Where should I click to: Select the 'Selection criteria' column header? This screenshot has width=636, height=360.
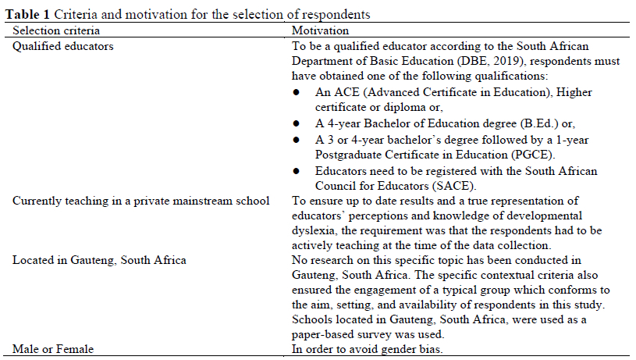point(56,30)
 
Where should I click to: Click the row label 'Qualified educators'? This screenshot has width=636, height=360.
point(62,46)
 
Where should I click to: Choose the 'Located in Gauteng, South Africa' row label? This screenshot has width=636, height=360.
point(99,260)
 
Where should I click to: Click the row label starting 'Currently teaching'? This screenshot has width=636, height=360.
point(141,201)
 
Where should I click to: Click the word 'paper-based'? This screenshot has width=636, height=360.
point(325,333)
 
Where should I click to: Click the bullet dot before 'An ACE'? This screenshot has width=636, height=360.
point(296,92)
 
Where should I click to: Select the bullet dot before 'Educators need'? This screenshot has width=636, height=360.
point(296,170)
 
